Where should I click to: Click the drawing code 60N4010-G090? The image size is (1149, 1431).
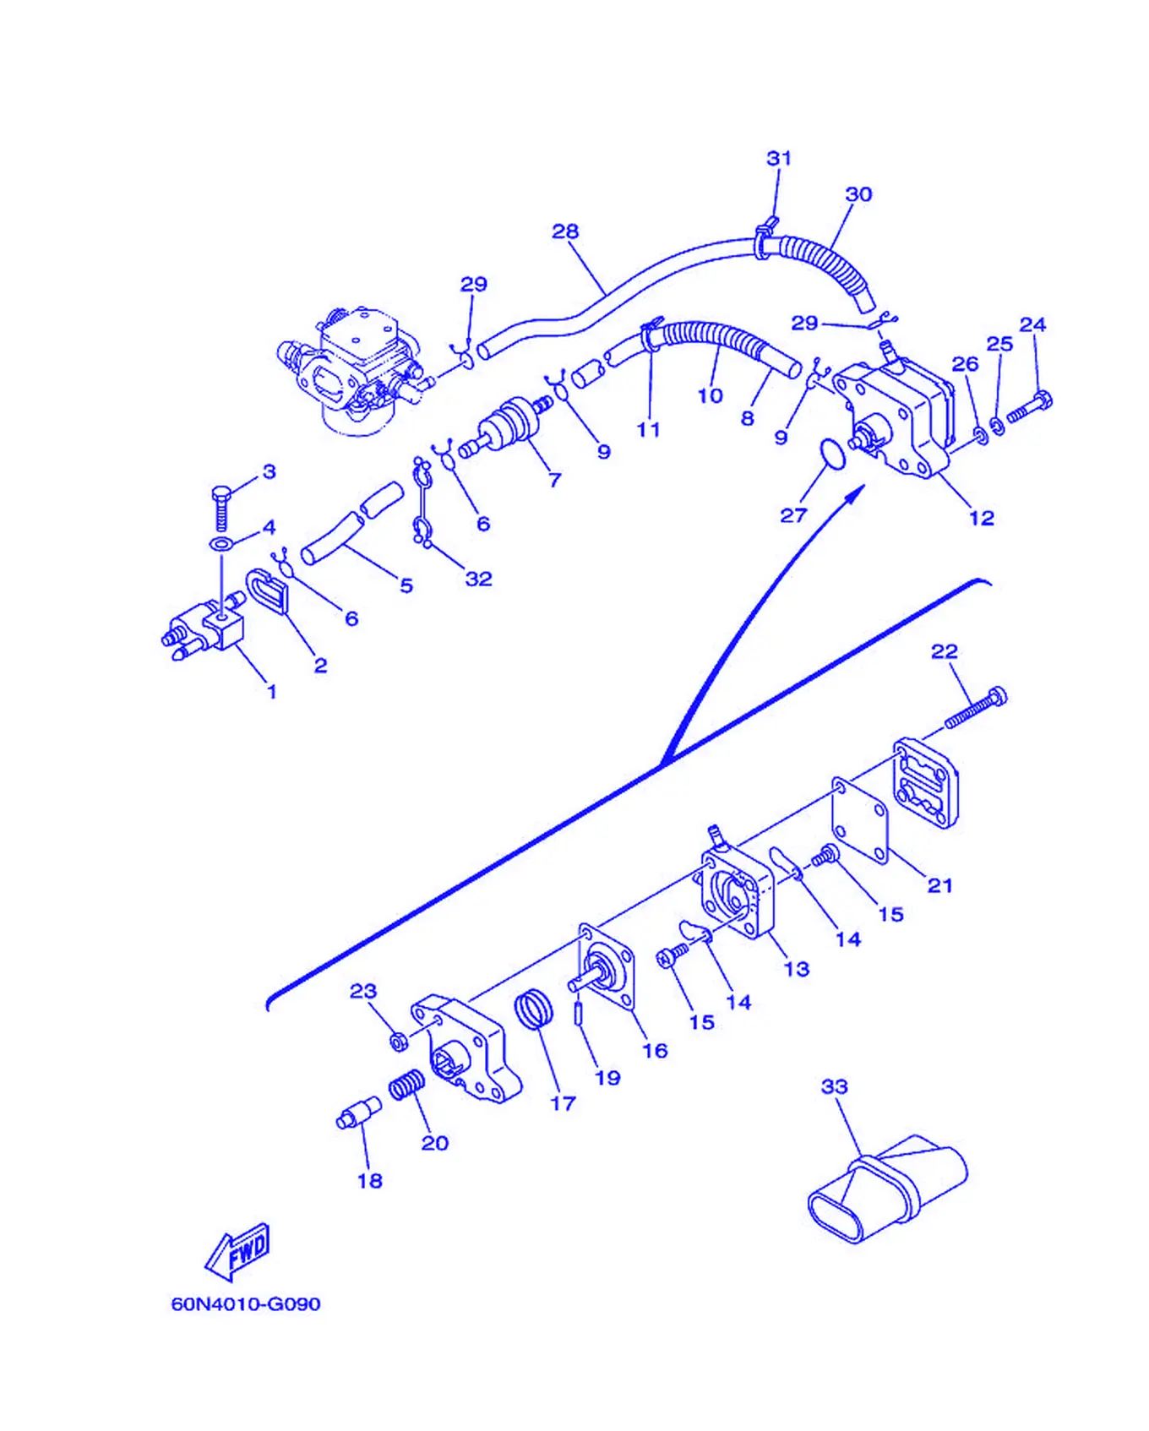(x=246, y=1303)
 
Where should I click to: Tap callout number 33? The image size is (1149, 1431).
(x=834, y=1086)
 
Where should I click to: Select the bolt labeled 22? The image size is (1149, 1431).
(x=976, y=708)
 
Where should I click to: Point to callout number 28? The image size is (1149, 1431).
(x=565, y=231)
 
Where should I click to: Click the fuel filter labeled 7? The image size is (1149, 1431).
(x=505, y=426)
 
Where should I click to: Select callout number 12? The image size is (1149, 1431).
(x=981, y=518)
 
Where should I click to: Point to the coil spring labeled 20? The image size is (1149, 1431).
(x=407, y=1085)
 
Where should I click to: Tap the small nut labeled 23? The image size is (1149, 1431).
(x=399, y=1041)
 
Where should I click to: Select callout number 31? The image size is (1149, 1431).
(x=778, y=159)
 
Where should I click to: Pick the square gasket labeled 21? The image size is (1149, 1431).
(x=860, y=821)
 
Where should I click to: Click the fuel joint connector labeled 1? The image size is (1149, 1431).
(x=203, y=628)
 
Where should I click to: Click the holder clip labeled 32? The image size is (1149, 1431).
(x=423, y=502)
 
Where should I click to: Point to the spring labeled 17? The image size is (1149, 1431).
(x=534, y=1009)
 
